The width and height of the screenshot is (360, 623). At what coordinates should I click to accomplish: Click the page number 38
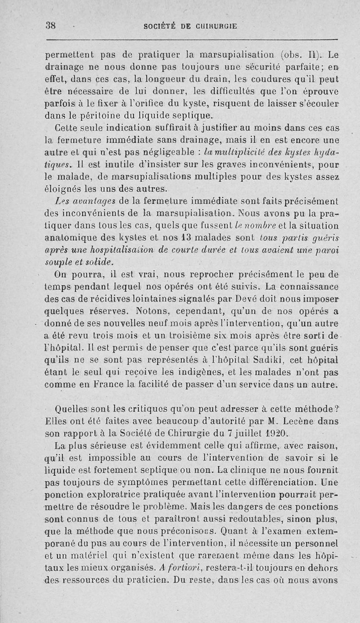click(x=50, y=26)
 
